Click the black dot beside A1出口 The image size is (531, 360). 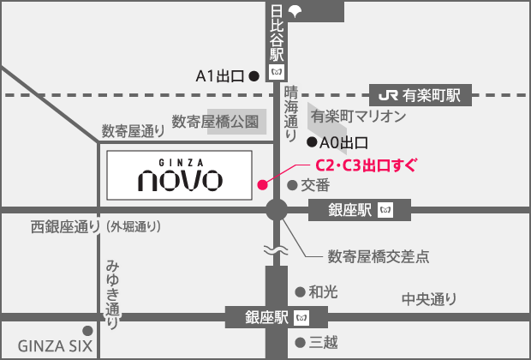coord(254,76)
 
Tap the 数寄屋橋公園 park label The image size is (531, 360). coord(214,122)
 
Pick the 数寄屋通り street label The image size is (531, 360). coord(133,131)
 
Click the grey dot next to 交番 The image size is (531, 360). coord(292,184)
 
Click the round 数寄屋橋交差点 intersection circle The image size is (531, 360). coord(277,209)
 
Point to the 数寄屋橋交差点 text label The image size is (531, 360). coord(379,255)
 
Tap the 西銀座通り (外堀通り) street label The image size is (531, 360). coord(96,227)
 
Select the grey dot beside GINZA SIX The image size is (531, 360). coord(87,330)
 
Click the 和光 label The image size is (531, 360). coord(322,291)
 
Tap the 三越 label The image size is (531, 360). coord(323,342)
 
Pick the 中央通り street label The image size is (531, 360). coord(430,299)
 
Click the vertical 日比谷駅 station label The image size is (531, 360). coord(276,36)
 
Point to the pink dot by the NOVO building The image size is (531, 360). coord(262,182)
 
